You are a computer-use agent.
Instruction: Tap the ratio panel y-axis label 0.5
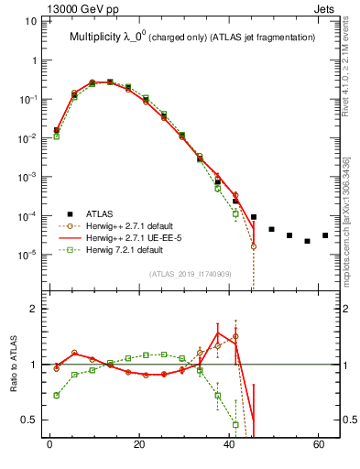click(31, 420)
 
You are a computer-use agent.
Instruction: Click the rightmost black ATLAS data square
click(325, 235)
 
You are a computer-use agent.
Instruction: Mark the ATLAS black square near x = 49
click(271, 229)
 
